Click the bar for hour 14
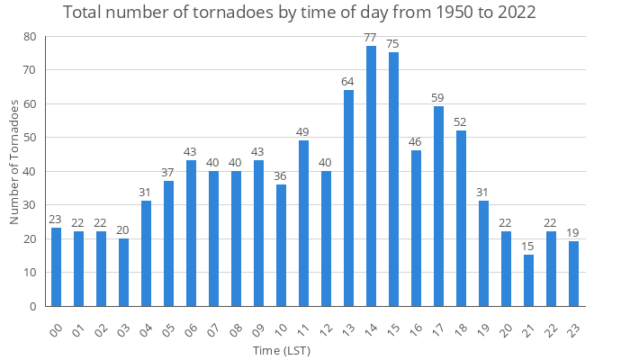pyautogui.click(x=371, y=176)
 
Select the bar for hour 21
pyautogui.click(x=528, y=281)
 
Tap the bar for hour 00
pyautogui.click(x=56, y=267)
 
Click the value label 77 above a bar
pyautogui.click(x=371, y=37)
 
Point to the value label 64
pyautogui.click(x=348, y=81)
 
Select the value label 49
pyautogui.click(x=303, y=131)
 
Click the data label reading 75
pyautogui.click(x=393, y=44)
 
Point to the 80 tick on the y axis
pyautogui.click(x=31, y=37)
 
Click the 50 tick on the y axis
pyautogui.click(x=31, y=138)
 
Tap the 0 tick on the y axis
pyautogui.click(x=34, y=306)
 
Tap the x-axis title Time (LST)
pyautogui.click(x=282, y=349)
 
